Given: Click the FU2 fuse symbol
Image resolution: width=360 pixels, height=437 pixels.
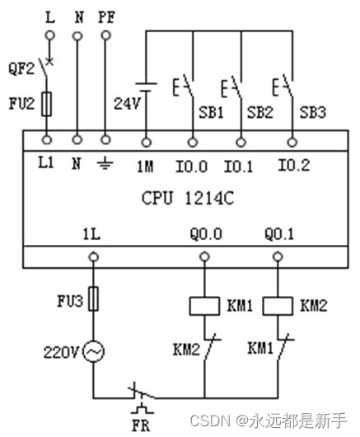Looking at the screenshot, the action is click(46, 104).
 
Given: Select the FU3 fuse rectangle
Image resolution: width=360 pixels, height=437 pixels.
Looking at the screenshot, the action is click(93, 298).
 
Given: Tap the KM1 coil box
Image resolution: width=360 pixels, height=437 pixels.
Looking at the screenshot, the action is click(204, 306).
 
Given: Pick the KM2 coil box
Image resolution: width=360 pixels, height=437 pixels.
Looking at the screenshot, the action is click(278, 306).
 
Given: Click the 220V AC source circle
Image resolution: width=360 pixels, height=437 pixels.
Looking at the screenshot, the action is click(94, 352).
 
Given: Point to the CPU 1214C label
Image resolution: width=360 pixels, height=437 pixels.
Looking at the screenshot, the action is click(187, 198).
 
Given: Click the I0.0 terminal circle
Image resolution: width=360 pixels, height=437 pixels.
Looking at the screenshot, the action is click(192, 143).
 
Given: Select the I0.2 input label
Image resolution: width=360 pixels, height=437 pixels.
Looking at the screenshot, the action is click(294, 165).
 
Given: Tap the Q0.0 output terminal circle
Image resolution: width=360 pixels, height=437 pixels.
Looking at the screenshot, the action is click(204, 256).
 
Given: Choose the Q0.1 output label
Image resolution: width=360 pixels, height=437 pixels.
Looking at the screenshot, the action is click(279, 233).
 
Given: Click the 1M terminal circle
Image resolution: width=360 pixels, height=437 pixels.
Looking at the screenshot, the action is click(146, 143).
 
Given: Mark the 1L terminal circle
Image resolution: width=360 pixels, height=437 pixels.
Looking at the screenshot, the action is click(93, 256).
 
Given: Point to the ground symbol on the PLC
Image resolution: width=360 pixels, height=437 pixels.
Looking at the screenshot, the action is click(105, 164).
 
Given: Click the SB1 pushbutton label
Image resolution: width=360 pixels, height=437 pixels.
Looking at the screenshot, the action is click(211, 112).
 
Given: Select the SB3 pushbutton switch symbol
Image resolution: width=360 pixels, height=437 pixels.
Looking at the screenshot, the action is click(283, 85).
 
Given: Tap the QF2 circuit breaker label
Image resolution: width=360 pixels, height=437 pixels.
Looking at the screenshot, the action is click(21, 68).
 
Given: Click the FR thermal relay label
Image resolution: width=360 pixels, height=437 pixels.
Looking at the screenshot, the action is click(141, 425).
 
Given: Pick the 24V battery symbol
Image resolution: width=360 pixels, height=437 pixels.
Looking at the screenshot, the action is click(146, 87).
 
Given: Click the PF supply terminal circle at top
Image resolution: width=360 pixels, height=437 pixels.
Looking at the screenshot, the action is click(105, 35).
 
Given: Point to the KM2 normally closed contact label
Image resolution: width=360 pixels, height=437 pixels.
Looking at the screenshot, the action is click(186, 350).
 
